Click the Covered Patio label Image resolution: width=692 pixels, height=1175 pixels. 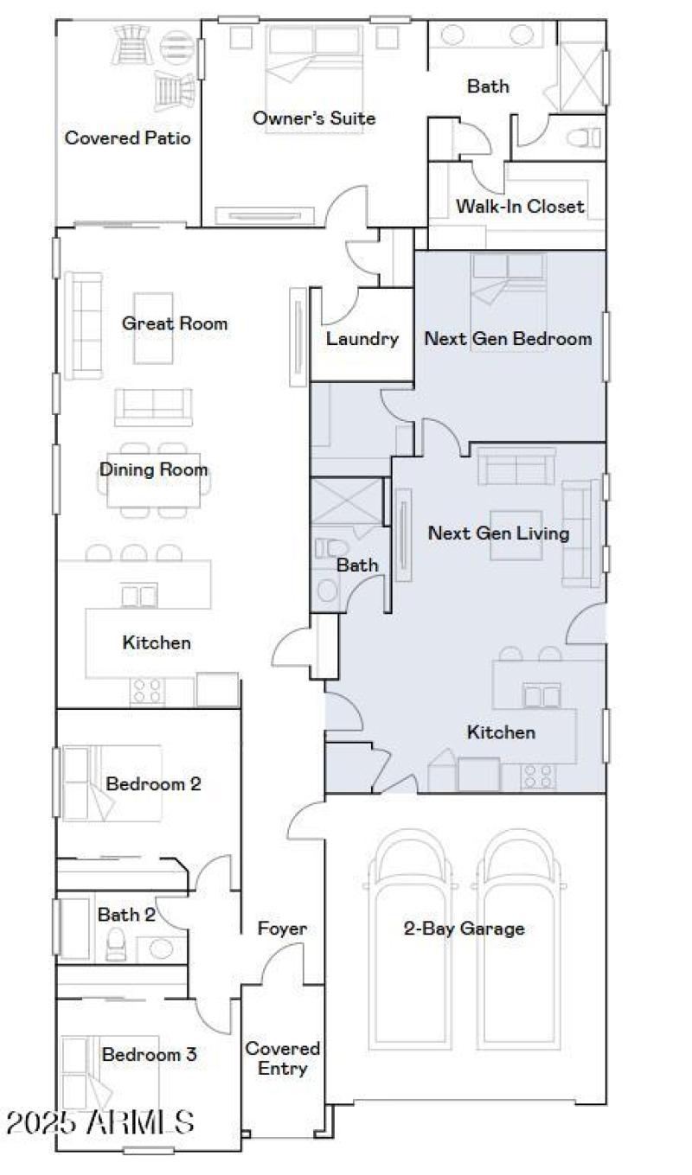click(128, 137)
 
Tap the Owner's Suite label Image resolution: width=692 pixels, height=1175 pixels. click(314, 118)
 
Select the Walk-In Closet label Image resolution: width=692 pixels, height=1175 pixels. click(520, 206)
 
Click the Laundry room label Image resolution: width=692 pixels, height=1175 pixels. click(362, 339)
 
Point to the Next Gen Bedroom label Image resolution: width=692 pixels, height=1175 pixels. click(508, 339)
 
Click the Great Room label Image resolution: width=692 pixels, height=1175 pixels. click(175, 323)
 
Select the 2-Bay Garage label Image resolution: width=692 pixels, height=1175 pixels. click(464, 929)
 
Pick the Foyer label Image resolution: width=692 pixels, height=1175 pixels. click(282, 929)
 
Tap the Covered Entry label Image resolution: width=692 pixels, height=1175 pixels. click(282, 1058)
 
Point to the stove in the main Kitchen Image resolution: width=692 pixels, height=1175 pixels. click(148, 691)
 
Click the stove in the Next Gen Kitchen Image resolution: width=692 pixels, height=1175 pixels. click(538, 776)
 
